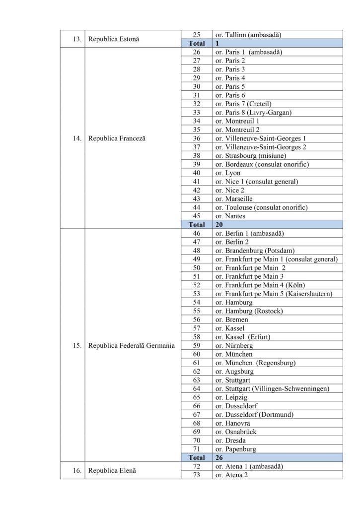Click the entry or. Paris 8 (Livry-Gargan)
point(253,113)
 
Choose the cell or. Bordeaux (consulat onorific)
point(260,164)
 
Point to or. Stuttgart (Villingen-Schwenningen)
point(272,388)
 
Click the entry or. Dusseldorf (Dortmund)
point(255,414)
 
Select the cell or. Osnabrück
point(236,432)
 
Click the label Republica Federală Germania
point(131,345)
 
